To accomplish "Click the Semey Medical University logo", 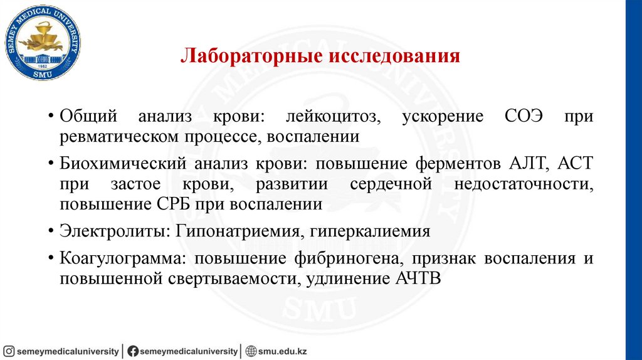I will [x=43, y=42].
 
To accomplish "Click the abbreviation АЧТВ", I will [x=418, y=278].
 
